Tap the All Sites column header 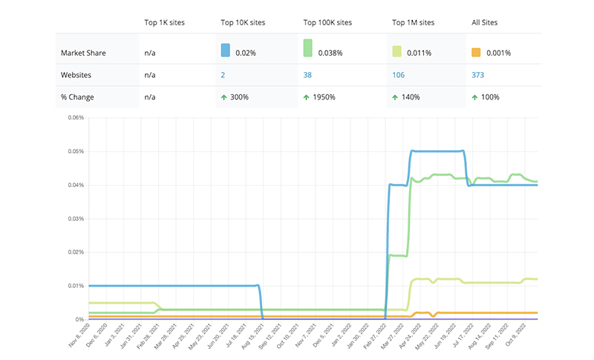click(x=486, y=22)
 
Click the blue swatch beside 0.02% click(x=226, y=50)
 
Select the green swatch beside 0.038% click(x=307, y=48)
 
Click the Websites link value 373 click(x=478, y=75)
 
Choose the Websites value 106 click(x=398, y=75)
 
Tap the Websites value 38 click(x=307, y=75)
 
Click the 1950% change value click(x=325, y=97)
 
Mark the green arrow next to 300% click(x=223, y=97)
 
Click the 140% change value click(x=411, y=97)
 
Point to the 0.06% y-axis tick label click(x=76, y=118)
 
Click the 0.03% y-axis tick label click(x=76, y=219)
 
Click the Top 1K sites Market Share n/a click(x=150, y=53)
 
